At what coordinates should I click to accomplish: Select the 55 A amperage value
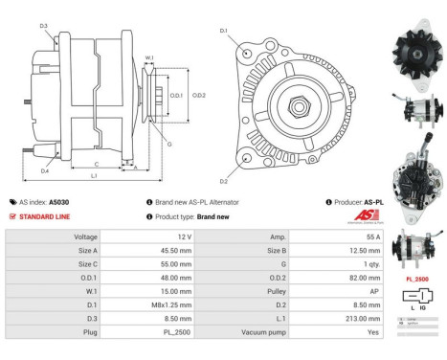[x=372, y=236]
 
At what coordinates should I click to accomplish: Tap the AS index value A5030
[x=59, y=202]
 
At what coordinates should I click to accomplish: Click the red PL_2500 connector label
[x=415, y=279]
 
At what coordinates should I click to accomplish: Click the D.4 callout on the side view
[x=44, y=171]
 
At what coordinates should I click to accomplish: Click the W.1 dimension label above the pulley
[x=149, y=57]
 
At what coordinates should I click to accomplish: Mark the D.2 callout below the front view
[x=223, y=180]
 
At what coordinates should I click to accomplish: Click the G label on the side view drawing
[x=169, y=144]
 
